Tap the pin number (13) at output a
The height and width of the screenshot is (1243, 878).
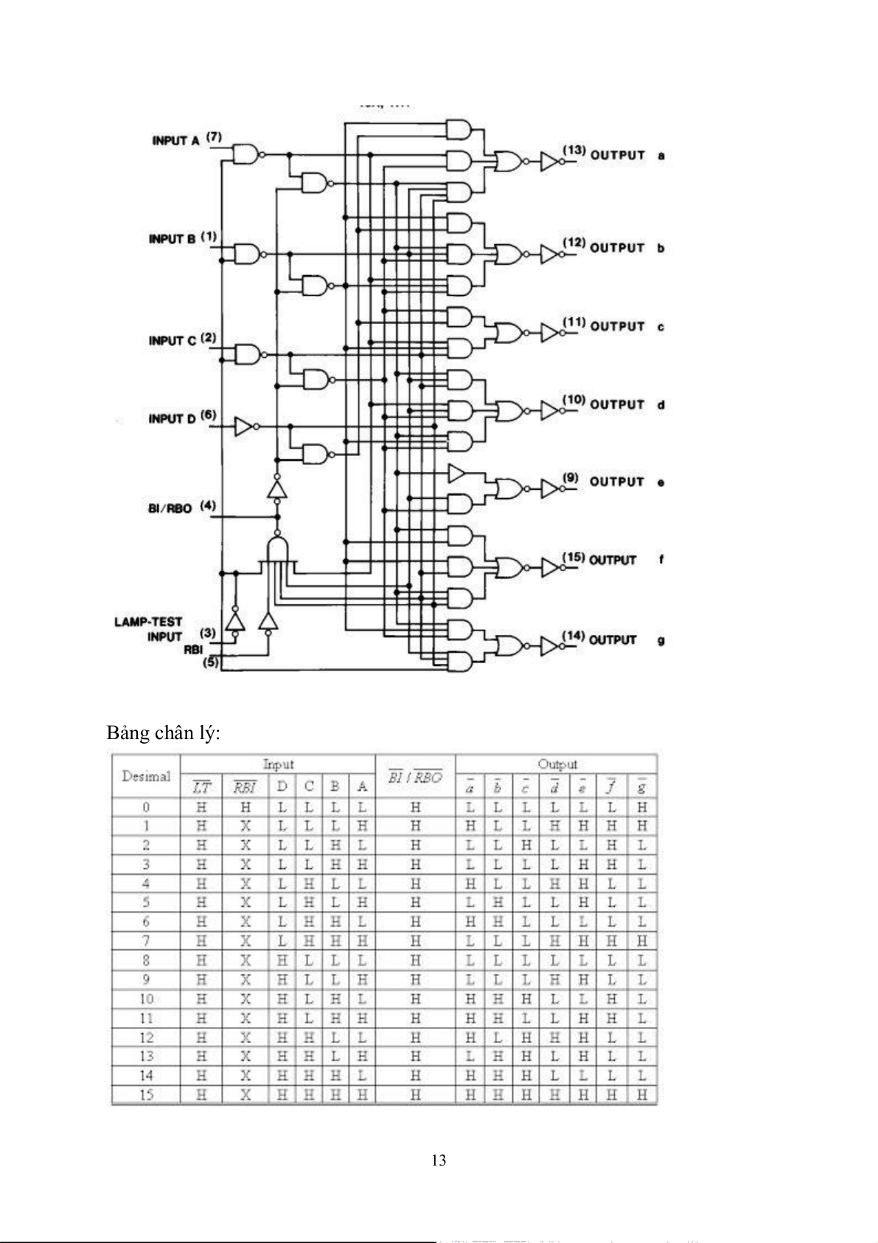pos(574,150)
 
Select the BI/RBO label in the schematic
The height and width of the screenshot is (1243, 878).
pos(170,508)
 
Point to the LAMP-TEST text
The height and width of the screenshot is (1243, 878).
pos(148,622)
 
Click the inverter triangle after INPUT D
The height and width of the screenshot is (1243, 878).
pos(244,426)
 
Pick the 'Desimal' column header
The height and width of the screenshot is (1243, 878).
pos(146,776)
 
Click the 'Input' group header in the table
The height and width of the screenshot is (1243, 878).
pos(279,764)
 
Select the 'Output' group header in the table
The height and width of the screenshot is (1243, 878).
pos(557,764)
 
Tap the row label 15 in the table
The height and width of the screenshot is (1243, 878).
pos(146,1095)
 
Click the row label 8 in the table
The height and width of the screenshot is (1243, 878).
pos(146,960)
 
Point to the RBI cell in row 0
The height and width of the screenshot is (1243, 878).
pos(245,807)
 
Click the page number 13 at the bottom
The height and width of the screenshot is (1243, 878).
pos(439,1160)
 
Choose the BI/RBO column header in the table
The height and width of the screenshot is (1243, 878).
pos(415,778)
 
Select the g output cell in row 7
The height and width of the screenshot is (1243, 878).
pos(642,941)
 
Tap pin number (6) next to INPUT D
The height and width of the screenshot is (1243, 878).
pos(209,415)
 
